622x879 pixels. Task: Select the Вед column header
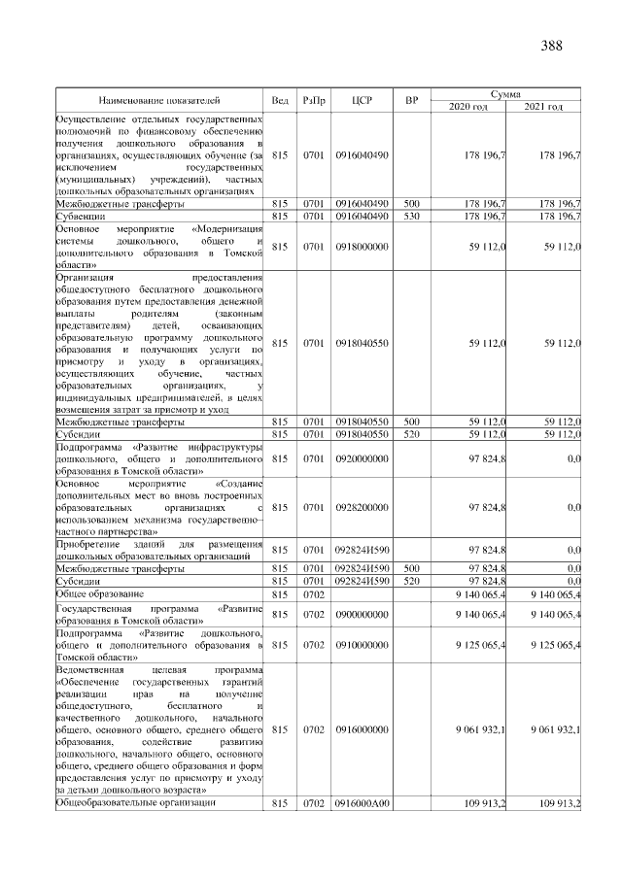click(x=280, y=99)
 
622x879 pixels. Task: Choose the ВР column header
click(x=411, y=99)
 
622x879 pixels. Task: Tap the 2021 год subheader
click(x=544, y=106)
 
